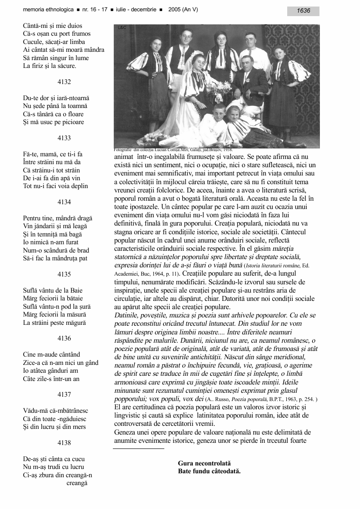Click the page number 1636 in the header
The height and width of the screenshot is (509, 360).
[303, 11]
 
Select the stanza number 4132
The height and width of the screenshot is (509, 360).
[64, 82]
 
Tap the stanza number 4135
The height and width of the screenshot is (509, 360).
[64, 274]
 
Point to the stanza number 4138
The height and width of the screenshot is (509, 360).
[64, 443]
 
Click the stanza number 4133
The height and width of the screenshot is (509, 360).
[64, 138]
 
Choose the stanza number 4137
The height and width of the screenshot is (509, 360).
[64, 394]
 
